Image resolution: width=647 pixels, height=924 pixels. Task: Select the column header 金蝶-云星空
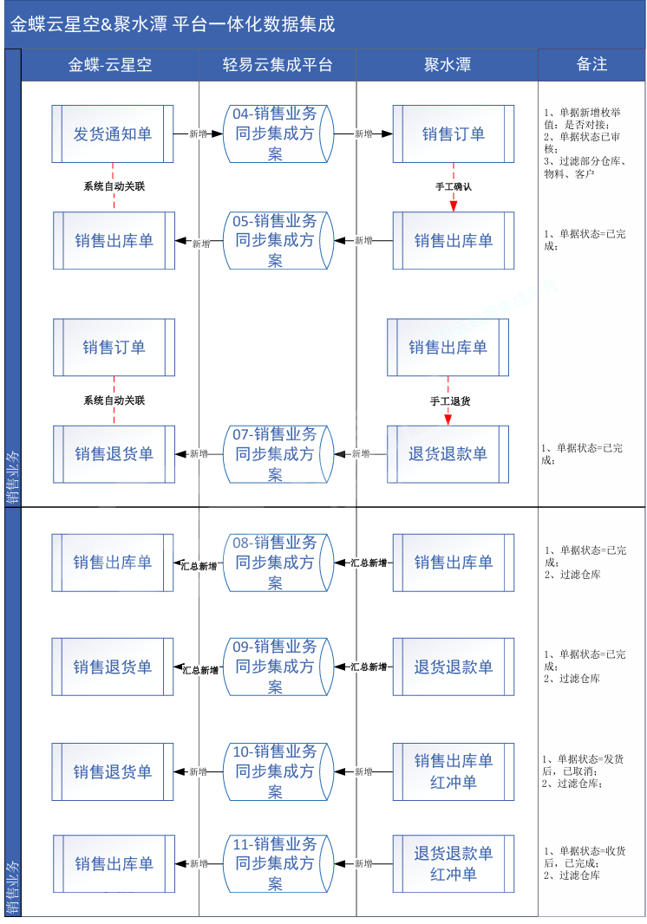click(x=110, y=65)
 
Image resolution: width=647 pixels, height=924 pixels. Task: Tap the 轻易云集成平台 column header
click(x=278, y=65)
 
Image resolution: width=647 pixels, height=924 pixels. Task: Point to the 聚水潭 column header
click(x=447, y=65)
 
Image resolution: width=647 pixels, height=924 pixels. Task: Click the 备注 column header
click(x=591, y=65)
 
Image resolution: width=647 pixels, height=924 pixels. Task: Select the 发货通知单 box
click(x=113, y=134)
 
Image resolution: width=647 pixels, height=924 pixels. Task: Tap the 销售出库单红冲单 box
click(x=454, y=771)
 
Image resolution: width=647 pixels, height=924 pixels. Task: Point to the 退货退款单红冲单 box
click(x=454, y=864)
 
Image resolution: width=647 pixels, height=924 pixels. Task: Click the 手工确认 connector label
click(x=454, y=186)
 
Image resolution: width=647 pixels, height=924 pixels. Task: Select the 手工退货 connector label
click(x=450, y=401)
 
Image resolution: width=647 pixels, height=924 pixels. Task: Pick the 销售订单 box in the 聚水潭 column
click(x=454, y=134)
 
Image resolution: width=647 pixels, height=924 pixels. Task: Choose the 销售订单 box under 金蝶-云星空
click(x=114, y=348)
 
